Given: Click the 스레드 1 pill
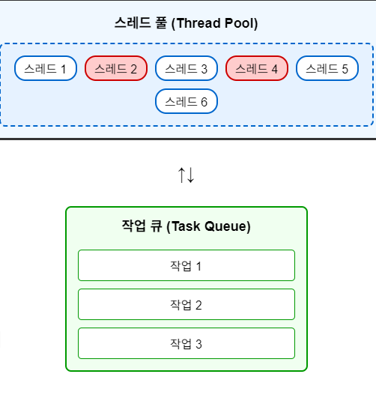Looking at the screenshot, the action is pos(46,68).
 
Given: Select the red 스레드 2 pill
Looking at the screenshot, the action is pos(116,68).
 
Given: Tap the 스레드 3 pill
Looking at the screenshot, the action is pos(187,68).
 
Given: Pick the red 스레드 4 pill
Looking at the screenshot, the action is pos(257,68).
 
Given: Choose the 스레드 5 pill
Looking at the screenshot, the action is pos(327,68).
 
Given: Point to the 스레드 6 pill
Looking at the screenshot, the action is pos(187,101).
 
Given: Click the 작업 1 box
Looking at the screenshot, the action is pos(187,265).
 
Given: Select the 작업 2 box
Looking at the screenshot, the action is pos(187,304).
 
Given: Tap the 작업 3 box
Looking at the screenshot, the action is pos(187,343).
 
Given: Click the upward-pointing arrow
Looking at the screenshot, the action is pos(181,175).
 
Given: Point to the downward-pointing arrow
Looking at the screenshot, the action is pos(191,175).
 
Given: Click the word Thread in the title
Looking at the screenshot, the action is pos(198,23).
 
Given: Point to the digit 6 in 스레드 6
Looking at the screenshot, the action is pos(204,102).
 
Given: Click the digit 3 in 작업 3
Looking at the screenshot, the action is pos(199,344).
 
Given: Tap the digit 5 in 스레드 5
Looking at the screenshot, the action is pos(345,69).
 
